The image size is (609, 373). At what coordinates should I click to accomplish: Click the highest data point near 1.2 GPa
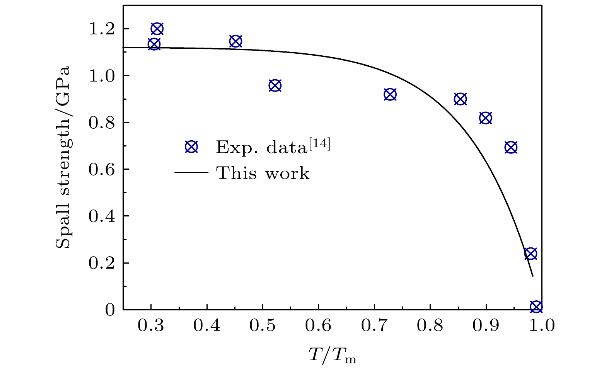click(157, 29)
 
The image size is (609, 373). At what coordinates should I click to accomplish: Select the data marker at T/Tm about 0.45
click(235, 42)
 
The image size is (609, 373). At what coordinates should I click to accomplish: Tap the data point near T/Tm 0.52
click(275, 86)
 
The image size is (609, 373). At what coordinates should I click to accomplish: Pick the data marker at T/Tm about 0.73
click(390, 94)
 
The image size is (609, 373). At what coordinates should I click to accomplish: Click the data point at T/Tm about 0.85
click(460, 99)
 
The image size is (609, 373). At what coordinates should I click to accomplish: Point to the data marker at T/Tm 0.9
click(486, 118)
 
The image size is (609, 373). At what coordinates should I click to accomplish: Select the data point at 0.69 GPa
click(511, 147)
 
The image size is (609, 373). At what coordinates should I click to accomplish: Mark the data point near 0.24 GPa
click(531, 254)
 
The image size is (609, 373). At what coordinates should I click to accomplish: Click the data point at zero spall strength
click(536, 307)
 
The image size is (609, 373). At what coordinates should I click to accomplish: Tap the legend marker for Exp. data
click(191, 147)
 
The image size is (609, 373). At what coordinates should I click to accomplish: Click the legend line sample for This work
click(191, 173)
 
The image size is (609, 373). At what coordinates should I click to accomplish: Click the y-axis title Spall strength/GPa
click(63, 157)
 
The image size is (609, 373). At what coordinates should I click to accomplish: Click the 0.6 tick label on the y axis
click(102, 169)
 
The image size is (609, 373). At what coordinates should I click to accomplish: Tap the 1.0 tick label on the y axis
click(102, 76)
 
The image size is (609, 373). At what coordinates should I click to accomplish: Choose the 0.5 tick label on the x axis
click(263, 326)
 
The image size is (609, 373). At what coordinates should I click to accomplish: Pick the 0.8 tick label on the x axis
click(430, 326)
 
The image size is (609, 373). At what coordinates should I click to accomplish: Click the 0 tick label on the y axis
click(110, 310)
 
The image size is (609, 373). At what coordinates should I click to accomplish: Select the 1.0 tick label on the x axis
click(541, 326)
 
